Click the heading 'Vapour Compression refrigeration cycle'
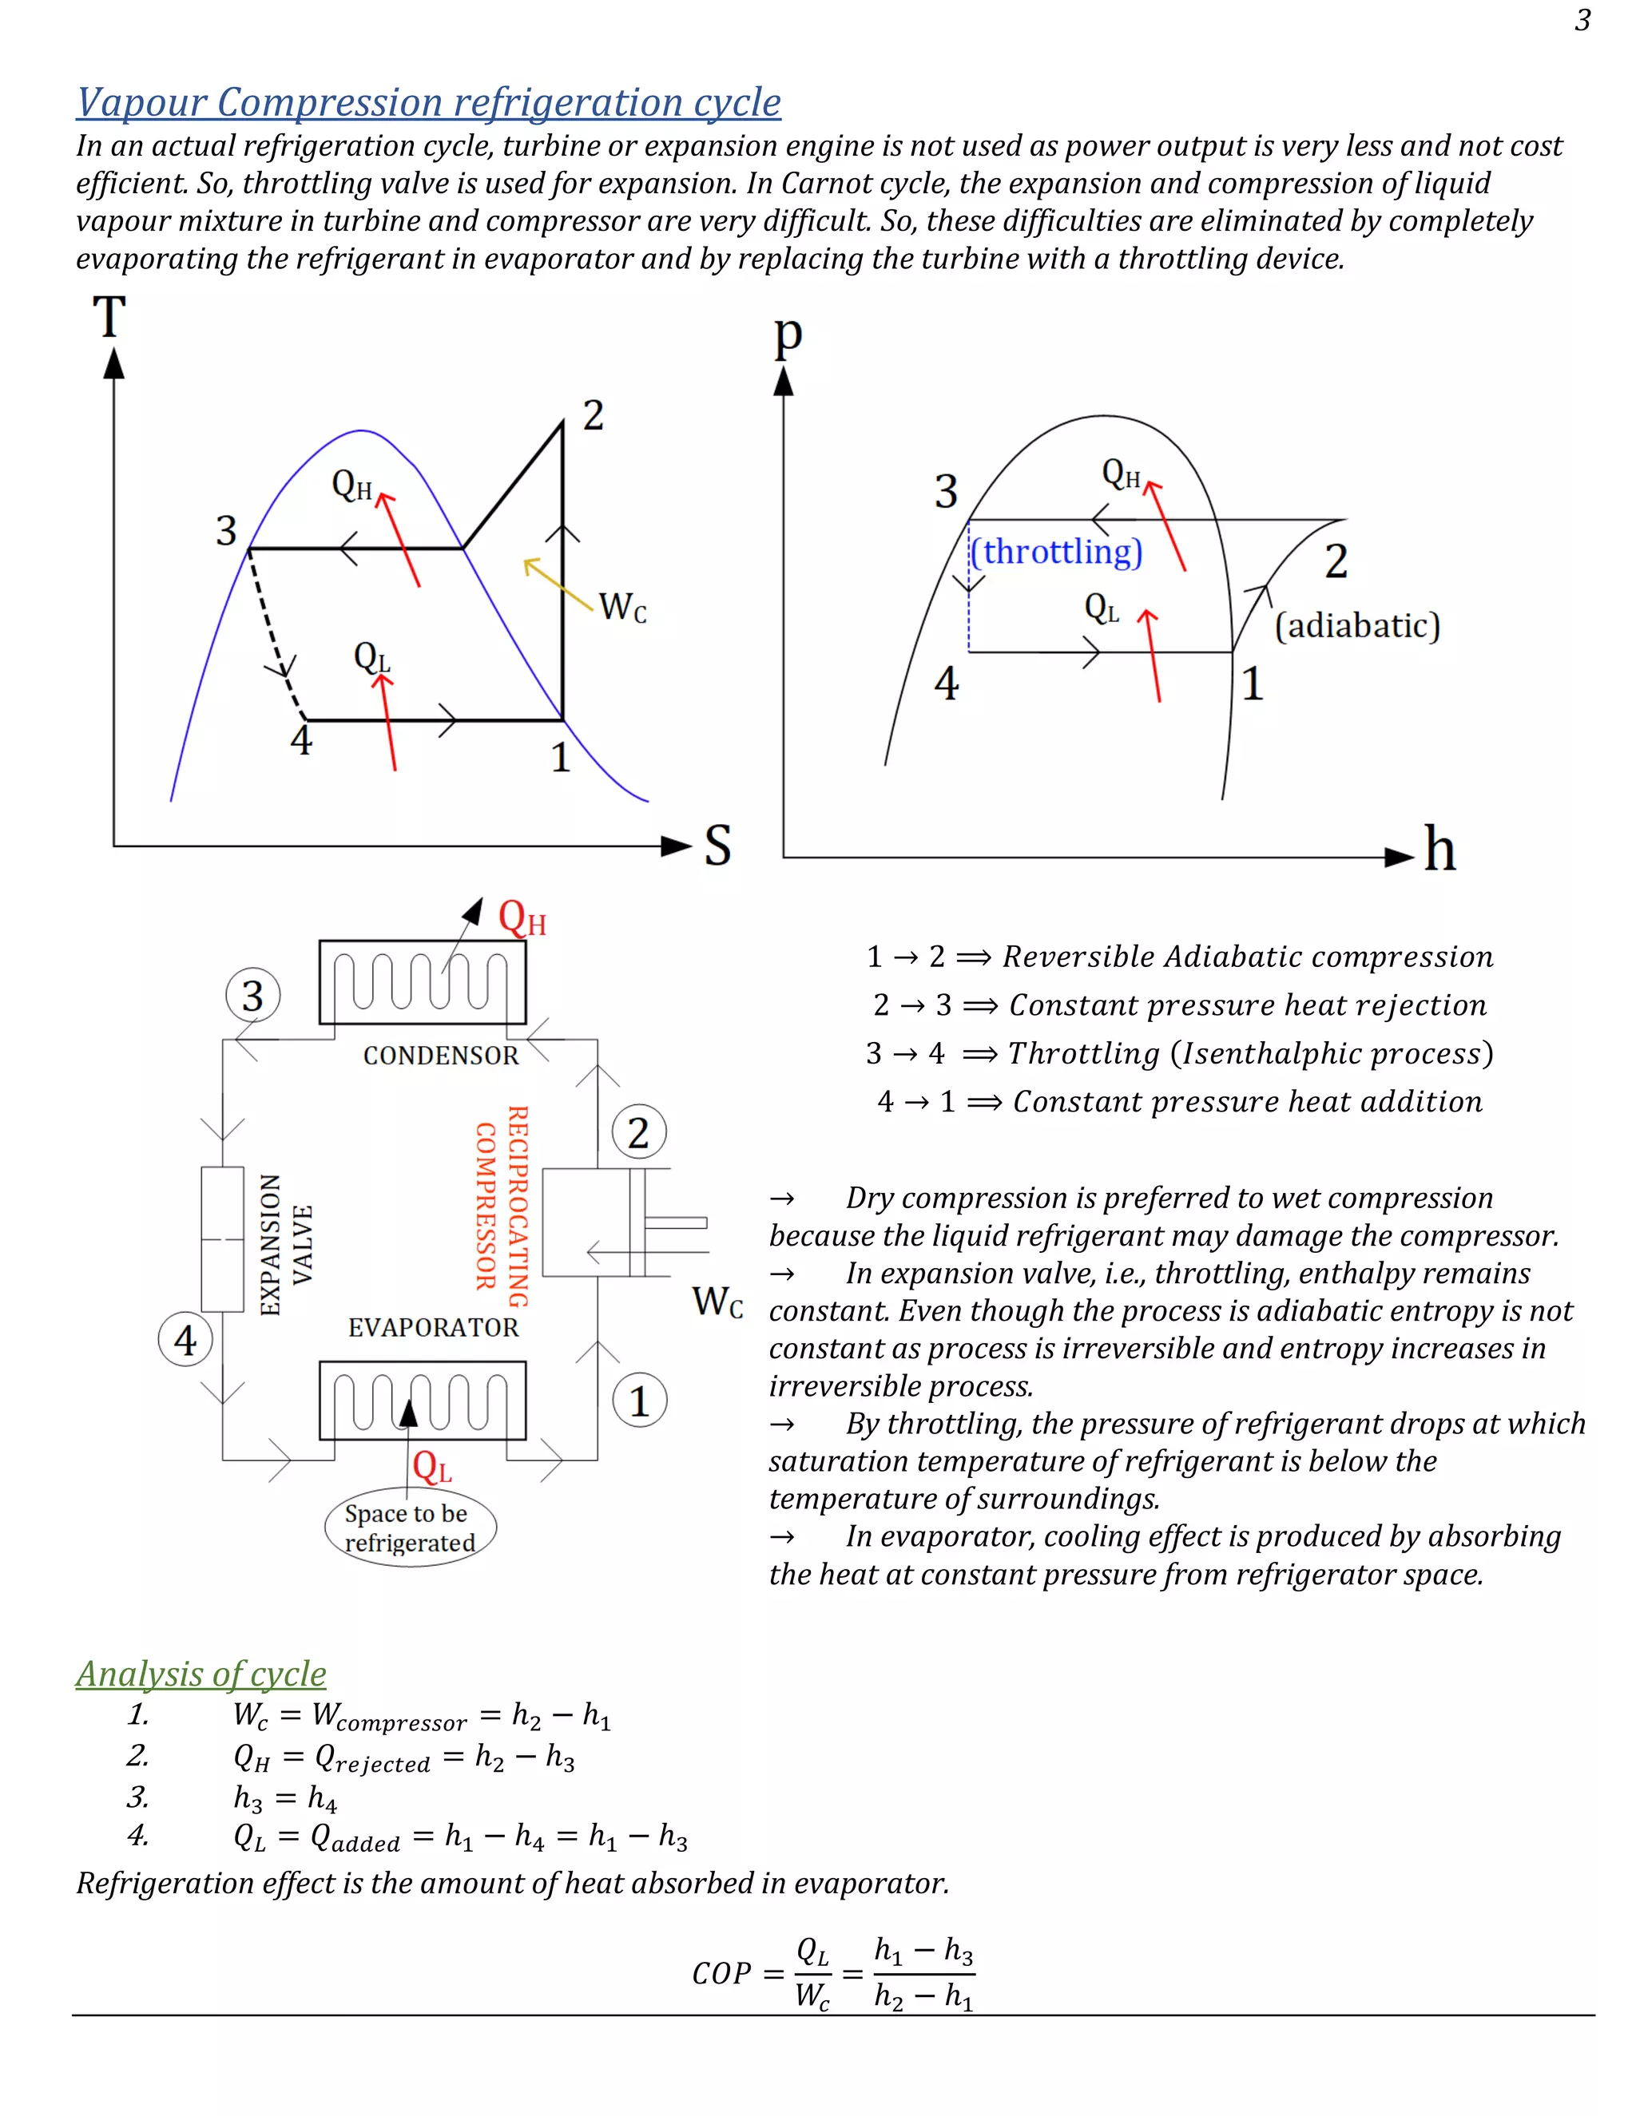428,101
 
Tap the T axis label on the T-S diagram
109,317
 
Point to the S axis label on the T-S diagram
717,845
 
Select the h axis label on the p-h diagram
1439,850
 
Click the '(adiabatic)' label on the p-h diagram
1357,626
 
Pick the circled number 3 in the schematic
253,995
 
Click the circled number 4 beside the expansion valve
185,1340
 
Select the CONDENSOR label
441,1055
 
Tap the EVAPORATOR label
433,1327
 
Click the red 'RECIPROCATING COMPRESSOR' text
502,1207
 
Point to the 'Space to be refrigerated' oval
410,1528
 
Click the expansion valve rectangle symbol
222,1239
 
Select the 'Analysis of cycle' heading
201,1673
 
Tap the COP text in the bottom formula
721,1974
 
